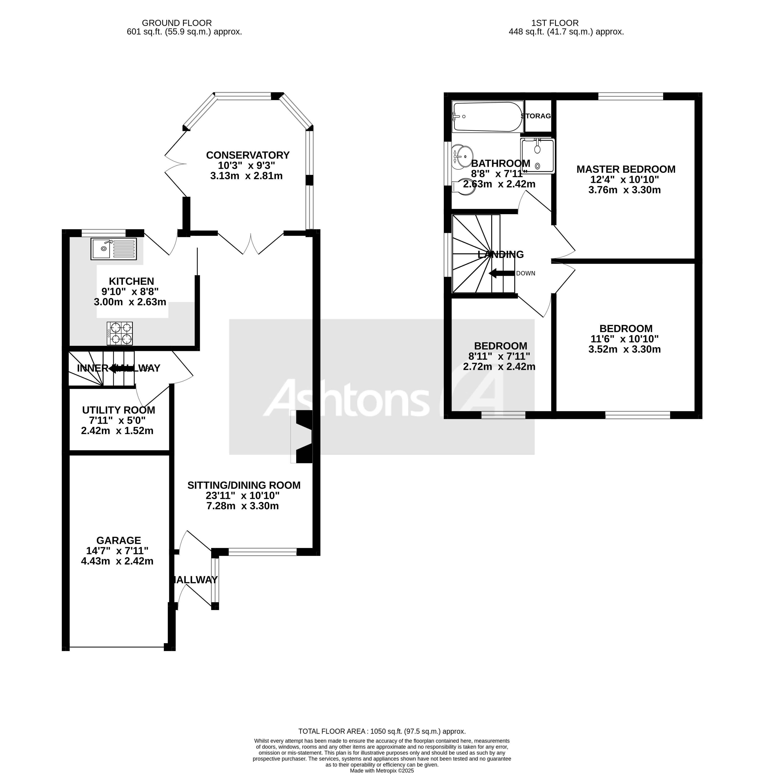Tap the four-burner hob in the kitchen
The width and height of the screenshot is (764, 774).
[119, 333]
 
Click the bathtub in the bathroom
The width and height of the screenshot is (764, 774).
[487, 116]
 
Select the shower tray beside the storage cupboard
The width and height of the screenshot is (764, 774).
[538, 156]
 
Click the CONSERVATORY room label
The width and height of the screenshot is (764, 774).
[248, 155]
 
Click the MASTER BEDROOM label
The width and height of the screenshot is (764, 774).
[625, 169]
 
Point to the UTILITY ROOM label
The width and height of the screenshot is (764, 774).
[118, 410]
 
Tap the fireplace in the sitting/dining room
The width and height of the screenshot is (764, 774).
[303, 437]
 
